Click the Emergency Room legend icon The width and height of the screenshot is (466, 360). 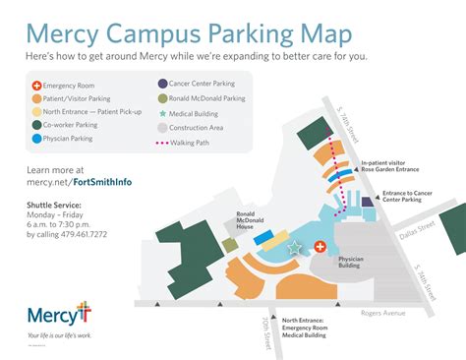point(35,86)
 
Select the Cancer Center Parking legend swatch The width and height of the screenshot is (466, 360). point(162,85)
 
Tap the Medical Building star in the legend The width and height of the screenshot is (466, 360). point(162,113)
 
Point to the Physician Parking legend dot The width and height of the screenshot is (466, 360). point(35,139)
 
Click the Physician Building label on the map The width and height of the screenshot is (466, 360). point(351,263)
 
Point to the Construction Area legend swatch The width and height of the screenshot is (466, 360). point(162,127)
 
